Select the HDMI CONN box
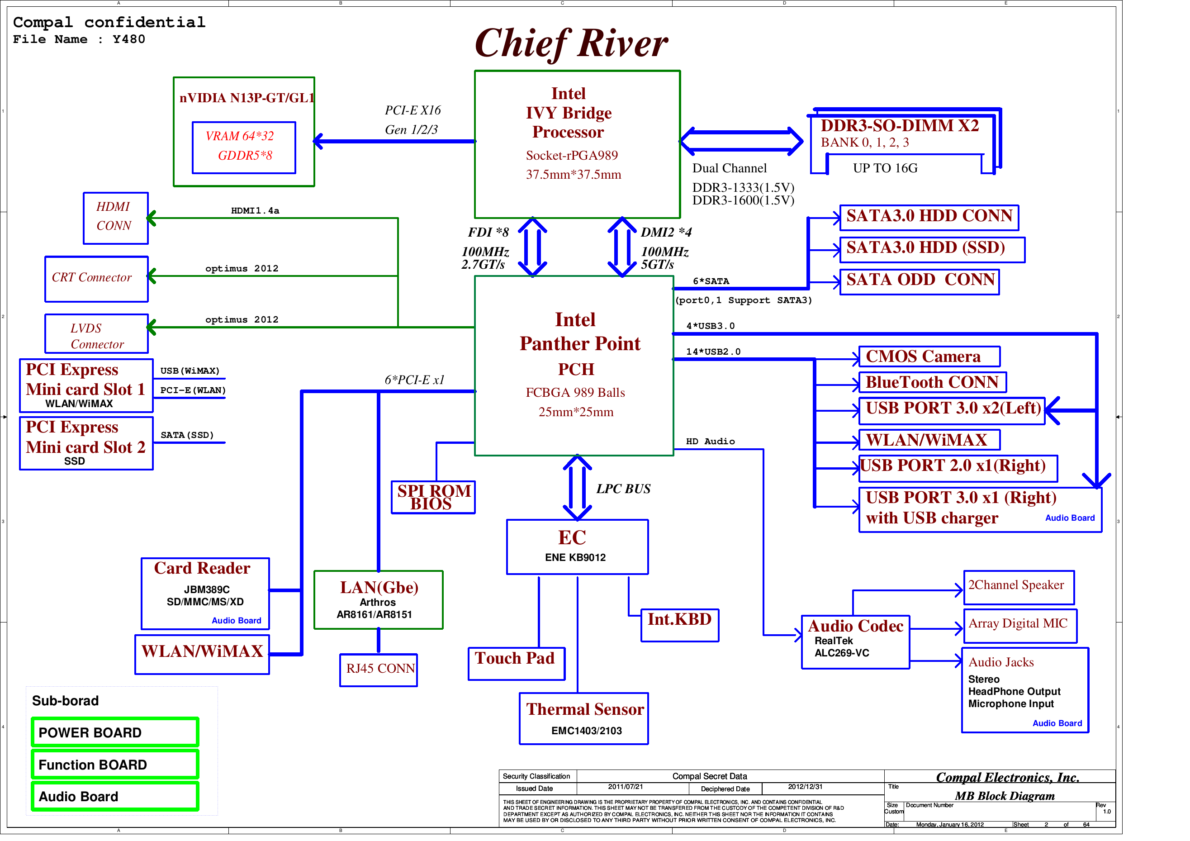116,219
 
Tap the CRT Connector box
96,279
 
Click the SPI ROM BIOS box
433,497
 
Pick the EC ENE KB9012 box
578,547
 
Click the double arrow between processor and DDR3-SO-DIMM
742,141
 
